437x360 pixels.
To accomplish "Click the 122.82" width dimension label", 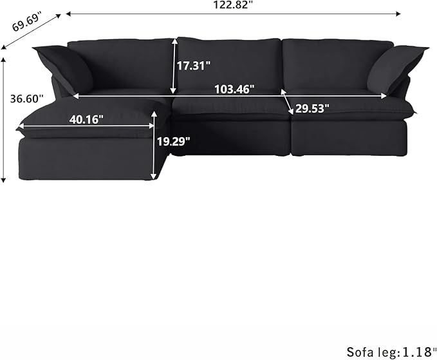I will pos(233,5).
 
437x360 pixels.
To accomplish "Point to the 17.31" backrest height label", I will pos(194,64).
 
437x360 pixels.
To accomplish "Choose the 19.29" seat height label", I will pos(174,141).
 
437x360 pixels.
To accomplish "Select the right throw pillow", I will pos(396,68).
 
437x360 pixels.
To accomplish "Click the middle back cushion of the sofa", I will pos(229,61).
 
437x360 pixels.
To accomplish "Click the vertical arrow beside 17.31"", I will pos(174,66).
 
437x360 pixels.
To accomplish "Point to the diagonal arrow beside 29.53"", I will pos(287,102).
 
